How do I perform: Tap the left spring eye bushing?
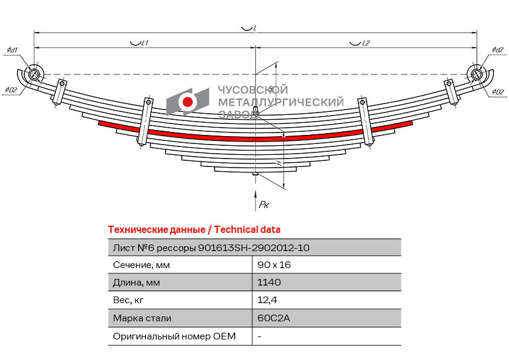pos(34,74)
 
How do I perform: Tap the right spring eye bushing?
pos(476,74)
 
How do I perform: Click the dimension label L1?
pos(144,43)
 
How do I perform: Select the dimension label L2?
pos(365,43)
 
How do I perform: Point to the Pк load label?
pos(264,205)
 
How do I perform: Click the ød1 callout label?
pos(11,50)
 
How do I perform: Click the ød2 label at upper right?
pos(498,50)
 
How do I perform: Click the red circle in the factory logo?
pos(188,102)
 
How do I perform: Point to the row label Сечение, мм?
pos(141,265)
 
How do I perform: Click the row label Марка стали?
pos(142,318)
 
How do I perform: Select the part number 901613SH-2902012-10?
pos(254,247)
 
